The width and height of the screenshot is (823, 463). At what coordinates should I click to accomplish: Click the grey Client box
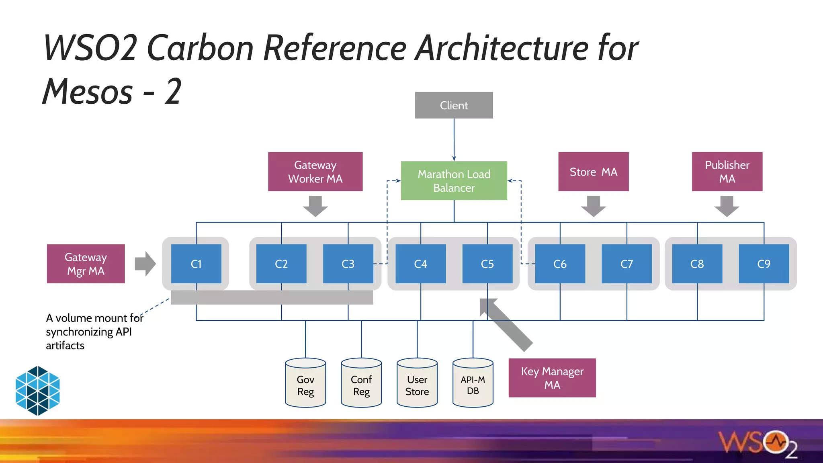click(454, 105)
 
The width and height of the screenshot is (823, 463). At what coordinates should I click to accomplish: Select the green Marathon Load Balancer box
click(454, 181)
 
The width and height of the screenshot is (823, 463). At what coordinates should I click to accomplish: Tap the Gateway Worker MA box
click(315, 172)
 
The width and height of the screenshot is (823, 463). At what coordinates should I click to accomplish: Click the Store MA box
click(593, 172)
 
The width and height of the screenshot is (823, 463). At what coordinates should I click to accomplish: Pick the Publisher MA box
click(727, 172)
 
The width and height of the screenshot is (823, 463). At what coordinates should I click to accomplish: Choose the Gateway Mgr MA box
click(86, 264)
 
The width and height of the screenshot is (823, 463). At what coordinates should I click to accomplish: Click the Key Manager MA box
click(552, 378)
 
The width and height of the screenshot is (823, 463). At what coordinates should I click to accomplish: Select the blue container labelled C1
click(196, 264)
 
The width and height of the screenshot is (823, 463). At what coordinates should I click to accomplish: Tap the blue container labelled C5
click(487, 264)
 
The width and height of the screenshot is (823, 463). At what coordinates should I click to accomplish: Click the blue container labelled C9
click(764, 264)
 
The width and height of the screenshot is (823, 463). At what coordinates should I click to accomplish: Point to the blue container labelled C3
click(348, 264)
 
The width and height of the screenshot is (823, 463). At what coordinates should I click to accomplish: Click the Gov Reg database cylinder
click(305, 384)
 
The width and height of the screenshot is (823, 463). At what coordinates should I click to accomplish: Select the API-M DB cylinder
click(473, 384)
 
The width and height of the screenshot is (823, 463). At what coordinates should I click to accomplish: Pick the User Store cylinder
click(417, 384)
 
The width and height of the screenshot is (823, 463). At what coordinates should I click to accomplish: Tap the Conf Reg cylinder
click(361, 384)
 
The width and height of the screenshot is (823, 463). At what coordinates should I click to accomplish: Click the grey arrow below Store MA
click(593, 206)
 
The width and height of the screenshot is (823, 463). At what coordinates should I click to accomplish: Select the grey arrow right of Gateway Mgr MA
click(145, 264)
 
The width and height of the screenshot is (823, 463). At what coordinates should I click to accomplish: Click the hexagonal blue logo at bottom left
click(38, 390)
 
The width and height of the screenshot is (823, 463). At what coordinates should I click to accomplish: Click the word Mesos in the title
click(88, 92)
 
